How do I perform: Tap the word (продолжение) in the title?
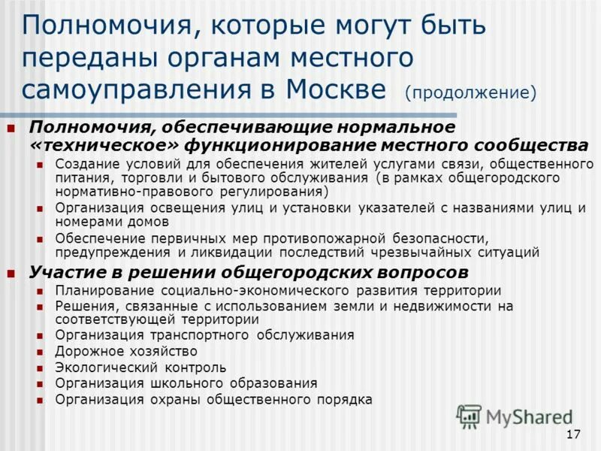click(471, 93)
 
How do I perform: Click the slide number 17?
click(573, 434)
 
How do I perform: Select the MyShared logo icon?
click(469, 416)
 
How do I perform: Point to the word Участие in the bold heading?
click(65, 271)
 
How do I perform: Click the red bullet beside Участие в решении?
click(11, 272)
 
